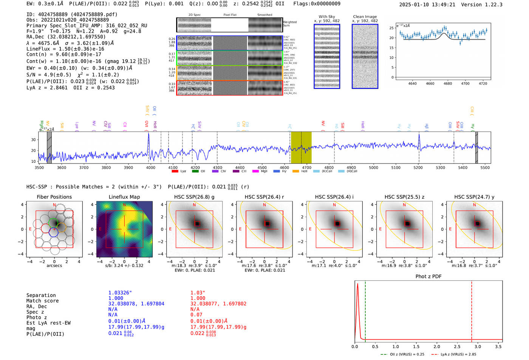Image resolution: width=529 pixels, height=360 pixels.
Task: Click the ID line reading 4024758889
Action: click(72, 14)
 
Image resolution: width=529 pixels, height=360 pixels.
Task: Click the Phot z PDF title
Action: click(428, 277)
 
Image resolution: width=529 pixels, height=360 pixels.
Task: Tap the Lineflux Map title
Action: click(124, 197)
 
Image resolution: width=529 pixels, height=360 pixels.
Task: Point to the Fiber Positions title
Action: click(54, 197)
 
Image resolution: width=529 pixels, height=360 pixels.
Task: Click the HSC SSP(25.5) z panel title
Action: click(404, 197)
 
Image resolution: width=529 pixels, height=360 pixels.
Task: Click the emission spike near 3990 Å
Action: click(148, 135)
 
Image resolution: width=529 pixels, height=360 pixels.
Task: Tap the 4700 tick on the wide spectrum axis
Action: click(307, 167)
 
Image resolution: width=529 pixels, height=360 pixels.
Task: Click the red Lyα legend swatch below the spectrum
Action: click(175, 172)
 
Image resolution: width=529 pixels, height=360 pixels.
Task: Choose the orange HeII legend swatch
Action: click(295, 172)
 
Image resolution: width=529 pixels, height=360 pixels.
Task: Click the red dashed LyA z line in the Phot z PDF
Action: click(472, 310)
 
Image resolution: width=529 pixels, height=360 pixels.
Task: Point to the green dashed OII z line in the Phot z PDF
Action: click(365, 310)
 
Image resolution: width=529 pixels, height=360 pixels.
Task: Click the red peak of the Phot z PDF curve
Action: click(357, 284)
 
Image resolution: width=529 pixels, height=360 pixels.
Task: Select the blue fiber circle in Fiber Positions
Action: click(54, 232)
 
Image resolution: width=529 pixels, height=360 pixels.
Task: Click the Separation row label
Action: click(41, 295)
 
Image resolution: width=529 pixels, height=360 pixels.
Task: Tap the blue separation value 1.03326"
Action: click(120, 293)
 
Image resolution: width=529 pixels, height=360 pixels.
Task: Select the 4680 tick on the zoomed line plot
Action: click(448, 83)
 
